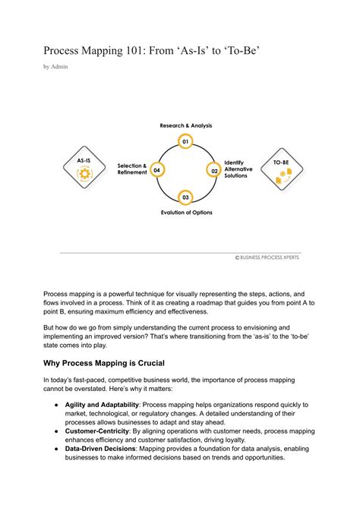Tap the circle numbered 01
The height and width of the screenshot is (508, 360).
point(185,141)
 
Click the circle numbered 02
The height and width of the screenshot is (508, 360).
point(215,171)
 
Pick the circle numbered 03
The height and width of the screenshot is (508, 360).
point(185,198)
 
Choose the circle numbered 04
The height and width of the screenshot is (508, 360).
point(156,170)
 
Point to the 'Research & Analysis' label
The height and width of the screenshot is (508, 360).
point(185,125)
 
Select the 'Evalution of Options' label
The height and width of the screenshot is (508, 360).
point(187,213)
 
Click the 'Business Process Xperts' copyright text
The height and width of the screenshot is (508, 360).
point(267,257)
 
